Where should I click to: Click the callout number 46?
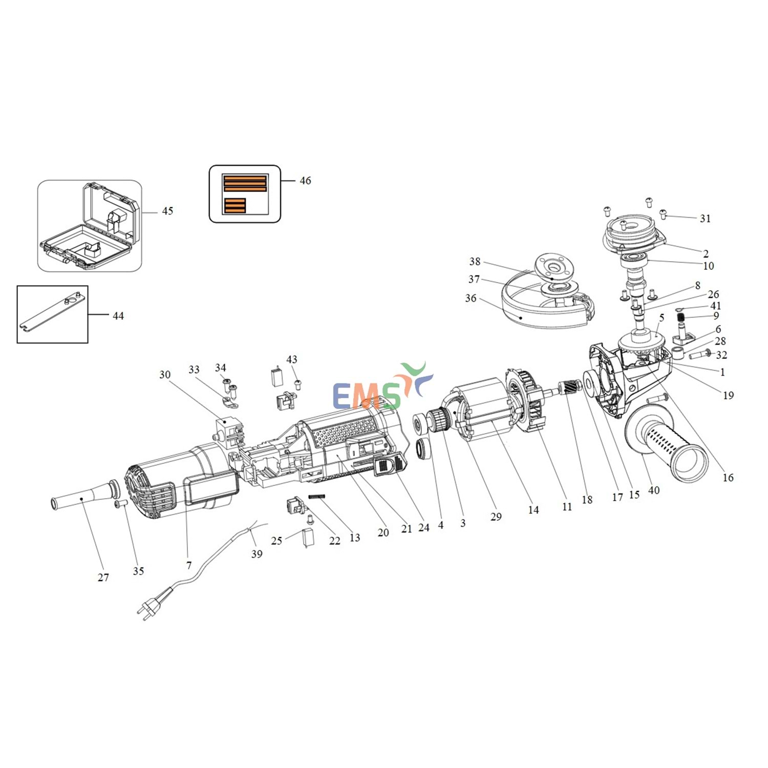[x=305, y=181]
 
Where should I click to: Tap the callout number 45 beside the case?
[x=167, y=211]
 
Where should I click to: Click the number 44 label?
[x=118, y=316]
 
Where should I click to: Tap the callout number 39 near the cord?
[x=257, y=554]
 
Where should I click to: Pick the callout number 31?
[x=706, y=219]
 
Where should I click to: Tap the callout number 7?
[x=189, y=565]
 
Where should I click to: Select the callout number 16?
[x=728, y=478]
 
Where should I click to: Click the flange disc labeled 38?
[x=554, y=267]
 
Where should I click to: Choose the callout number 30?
[x=165, y=375]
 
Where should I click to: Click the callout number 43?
[x=292, y=359]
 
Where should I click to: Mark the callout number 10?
[x=709, y=266]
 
